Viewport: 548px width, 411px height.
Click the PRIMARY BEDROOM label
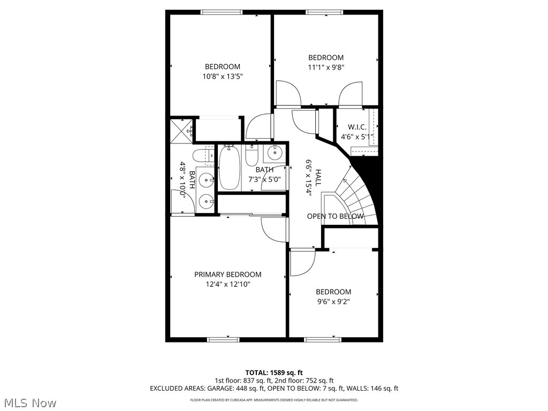pos(227,275)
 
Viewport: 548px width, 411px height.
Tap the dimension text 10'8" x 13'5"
pos(222,77)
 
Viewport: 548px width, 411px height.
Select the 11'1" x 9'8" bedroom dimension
pos(326,67)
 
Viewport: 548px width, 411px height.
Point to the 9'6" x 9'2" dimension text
pos(333,301)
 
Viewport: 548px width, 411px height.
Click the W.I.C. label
pos(357,127)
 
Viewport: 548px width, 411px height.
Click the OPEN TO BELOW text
pos(335,216)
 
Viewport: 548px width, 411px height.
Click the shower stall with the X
pos(180,131)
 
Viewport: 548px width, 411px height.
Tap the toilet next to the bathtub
pos(252,156)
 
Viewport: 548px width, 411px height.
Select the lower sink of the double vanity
pos(206,201)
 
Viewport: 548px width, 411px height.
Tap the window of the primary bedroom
pos(223,339)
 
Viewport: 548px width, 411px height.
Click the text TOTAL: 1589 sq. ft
pos(274,372)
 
